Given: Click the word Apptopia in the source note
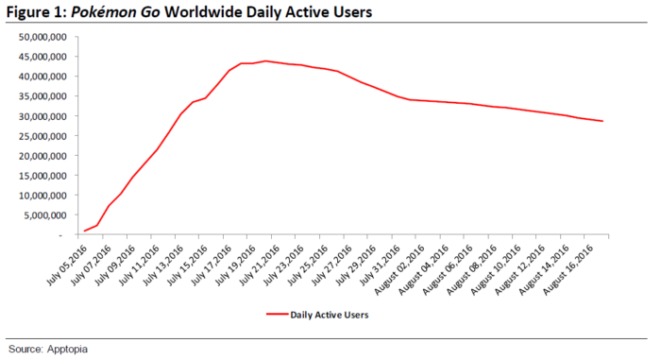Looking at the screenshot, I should [66, 349].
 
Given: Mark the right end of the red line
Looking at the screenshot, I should [602, 121].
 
